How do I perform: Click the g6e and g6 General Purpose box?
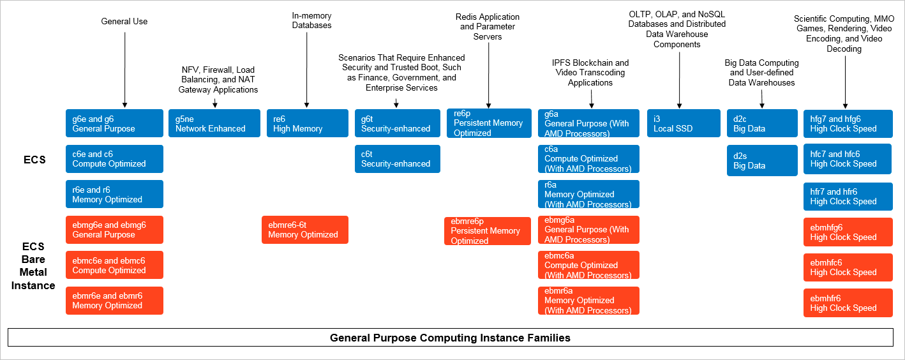[x=114, y=123]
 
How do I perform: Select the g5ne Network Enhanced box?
[x=218, y=123]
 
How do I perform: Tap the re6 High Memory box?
[x=307, y=123]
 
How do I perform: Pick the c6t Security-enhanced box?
[x=397, y=159]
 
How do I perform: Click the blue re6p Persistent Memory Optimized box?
[x=488, y=123]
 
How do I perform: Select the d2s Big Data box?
[x=762, y=161]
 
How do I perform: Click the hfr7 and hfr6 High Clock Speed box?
[x=848, y=197]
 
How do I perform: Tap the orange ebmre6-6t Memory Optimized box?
[x=305, y=230]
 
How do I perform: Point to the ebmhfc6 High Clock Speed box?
[x=848, y=267]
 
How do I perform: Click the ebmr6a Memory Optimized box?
[x=588, y=301]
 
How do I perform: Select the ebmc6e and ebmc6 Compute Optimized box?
[x=114, y=265]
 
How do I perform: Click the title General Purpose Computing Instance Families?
[x=450, y=337]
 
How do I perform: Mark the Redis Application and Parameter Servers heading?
[x=488, y=27]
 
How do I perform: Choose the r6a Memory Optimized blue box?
[x=588, y=194]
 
